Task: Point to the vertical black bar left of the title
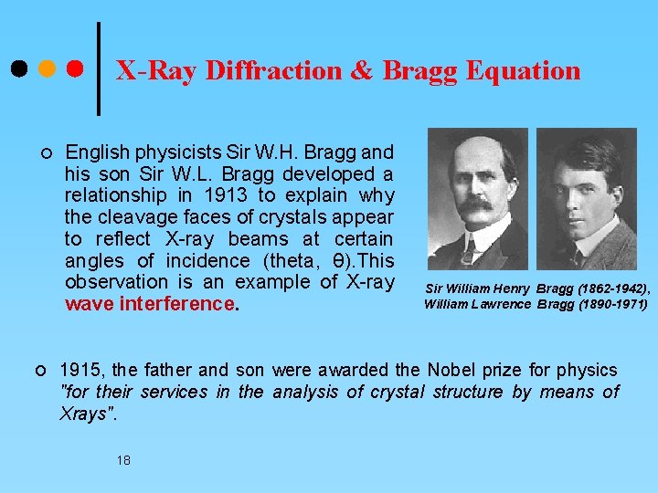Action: click(x=99, y=68)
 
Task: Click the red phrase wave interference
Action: click(x=150, y=304)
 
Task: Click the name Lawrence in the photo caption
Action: click(x=503, y=304)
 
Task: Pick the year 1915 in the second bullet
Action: click(x=80, y=370)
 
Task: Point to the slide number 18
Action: click(x=123, y=460)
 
